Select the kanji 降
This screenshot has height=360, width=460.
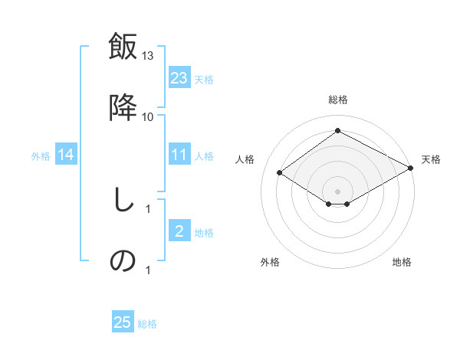coord(123,108)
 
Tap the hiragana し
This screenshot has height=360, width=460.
coord(123,201)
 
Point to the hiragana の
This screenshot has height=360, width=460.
coord(123,261)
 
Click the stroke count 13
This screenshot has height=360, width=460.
coord(148,56)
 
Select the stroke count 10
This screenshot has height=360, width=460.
coord(148,116)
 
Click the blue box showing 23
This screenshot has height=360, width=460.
coord(179,78)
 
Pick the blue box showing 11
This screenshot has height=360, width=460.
coord(179,155)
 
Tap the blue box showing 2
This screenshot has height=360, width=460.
coord(179,231)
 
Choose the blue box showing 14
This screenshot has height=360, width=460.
coord(66,155)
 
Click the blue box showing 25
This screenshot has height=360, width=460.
coord(123,322)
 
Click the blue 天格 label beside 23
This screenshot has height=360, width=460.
coord(204,79)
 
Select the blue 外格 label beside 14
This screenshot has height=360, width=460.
coord(41,156)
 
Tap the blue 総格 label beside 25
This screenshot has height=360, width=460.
coord(147,323)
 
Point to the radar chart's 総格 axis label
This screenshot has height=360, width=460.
coord(337,100)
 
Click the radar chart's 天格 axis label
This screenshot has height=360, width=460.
coord(431,159)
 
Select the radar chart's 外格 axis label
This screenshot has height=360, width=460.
coord(270,262)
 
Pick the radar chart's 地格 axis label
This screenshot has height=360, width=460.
coord(402,262)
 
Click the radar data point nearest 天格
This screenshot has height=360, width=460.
coord(410,169)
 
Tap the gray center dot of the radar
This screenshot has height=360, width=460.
coord(337,191)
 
